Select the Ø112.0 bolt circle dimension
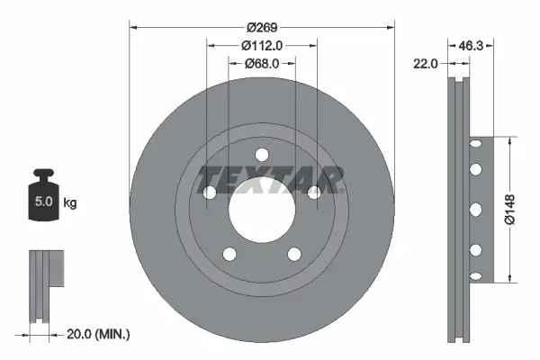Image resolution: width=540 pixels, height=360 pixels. point(262,45)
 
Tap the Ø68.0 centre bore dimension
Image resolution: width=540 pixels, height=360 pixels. point(262,64)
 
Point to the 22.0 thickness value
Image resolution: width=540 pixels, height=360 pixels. point(427,63)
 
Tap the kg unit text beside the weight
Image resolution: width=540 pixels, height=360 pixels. point(70,203)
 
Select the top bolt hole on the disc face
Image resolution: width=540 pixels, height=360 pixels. point(262,153)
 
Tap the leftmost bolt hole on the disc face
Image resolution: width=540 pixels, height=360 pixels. point(210,192)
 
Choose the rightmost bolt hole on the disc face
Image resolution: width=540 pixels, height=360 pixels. point(314,192)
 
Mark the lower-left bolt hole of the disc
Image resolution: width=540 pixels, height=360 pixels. point(229,253)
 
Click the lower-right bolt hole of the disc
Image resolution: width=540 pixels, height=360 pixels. point(294,253)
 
